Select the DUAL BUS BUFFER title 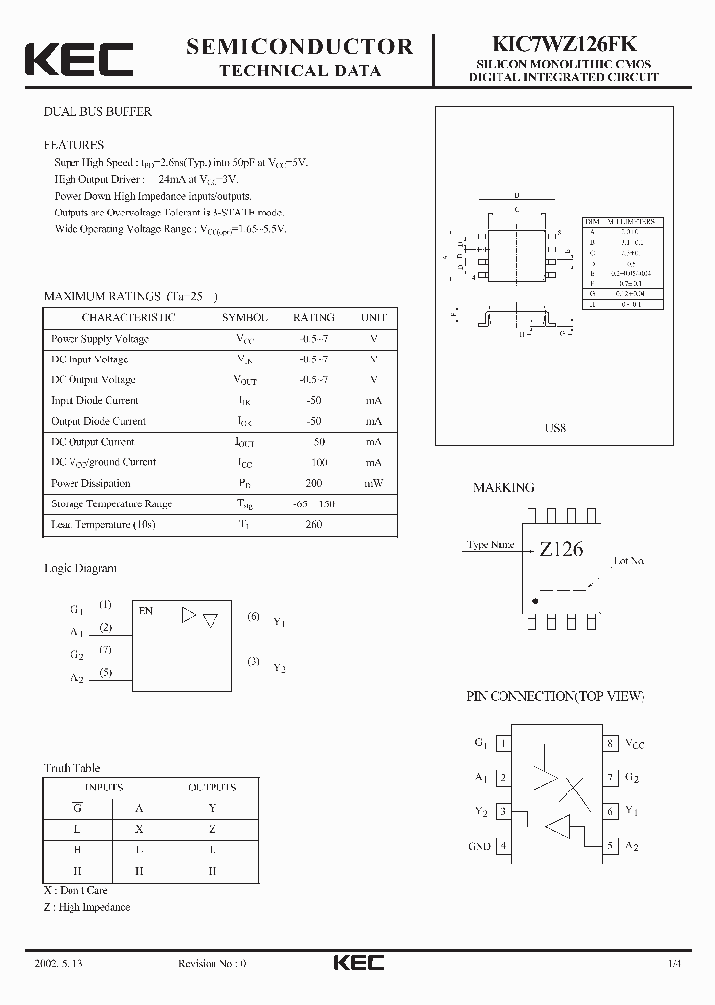[97, 112]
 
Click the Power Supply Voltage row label [99, 339]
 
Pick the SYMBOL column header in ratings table [244, 318]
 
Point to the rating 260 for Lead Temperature [313, 524]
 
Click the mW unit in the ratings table [373, 483]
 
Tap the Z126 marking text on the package [561, 548]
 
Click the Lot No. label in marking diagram [629, 561]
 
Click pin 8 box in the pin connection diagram [609, 743]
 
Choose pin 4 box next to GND [503, 846]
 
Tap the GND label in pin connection [479, 846]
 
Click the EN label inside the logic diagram [146, 611]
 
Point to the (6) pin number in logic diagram [254, 617]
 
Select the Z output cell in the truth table [212, 828]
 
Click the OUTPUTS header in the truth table [212, 788]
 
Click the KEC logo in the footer [357, 963]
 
